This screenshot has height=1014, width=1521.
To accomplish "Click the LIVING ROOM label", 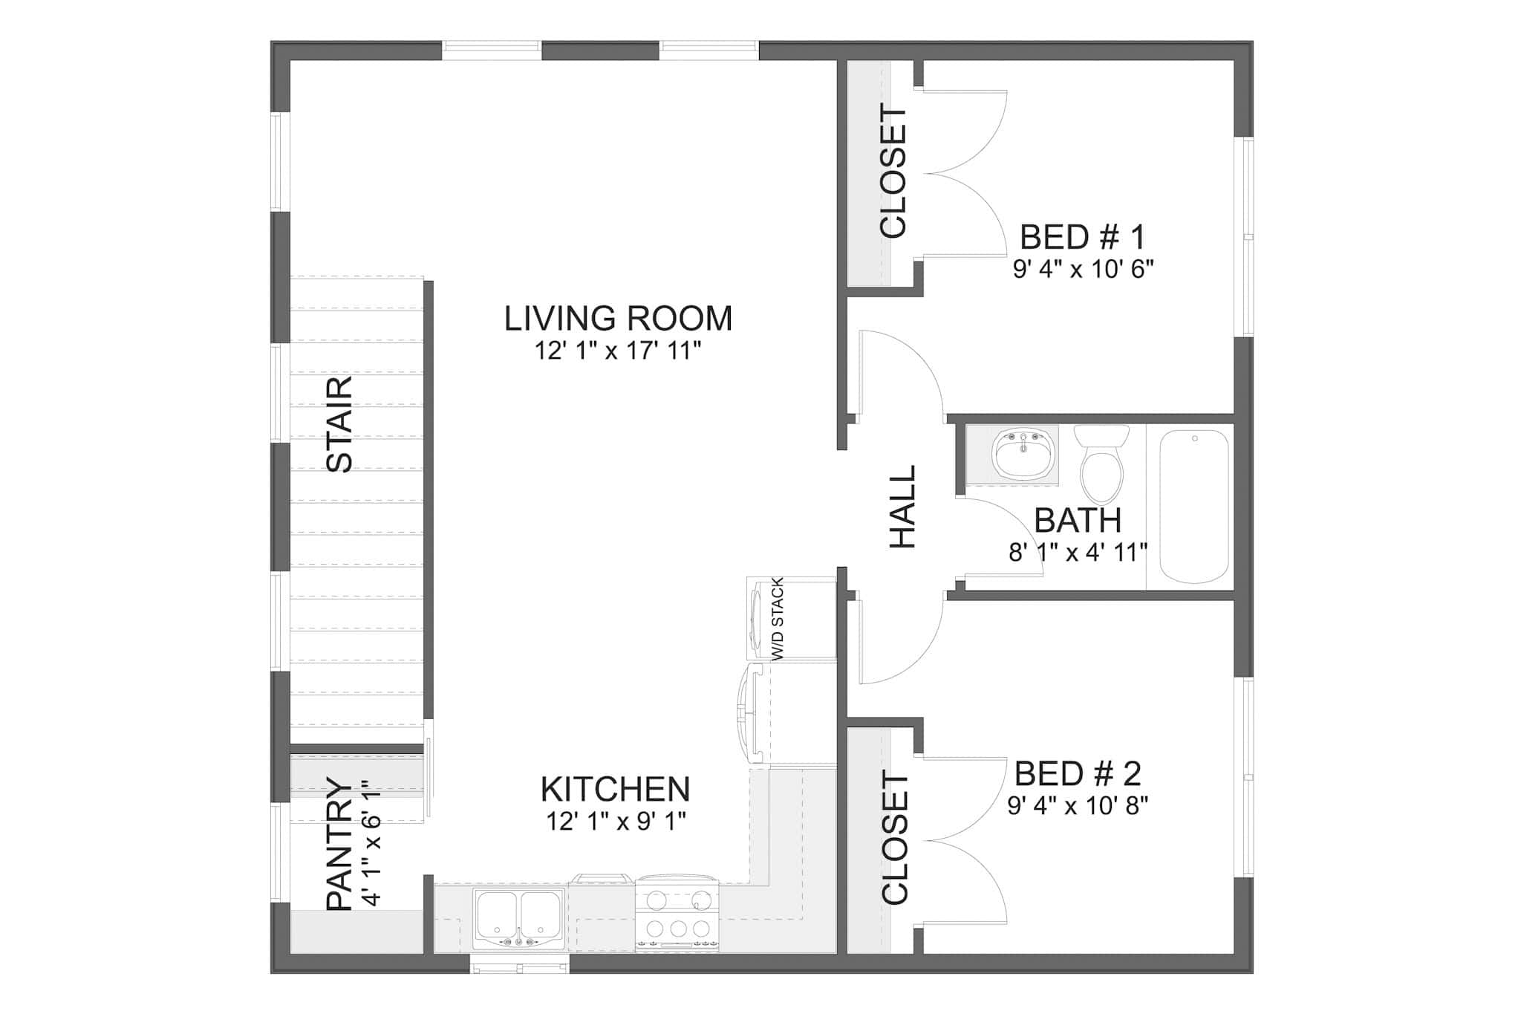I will click(x=618, y=319).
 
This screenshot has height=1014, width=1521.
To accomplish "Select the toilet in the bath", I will click(x=1102, y=464).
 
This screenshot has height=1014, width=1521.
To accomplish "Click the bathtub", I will click(x=1194, y=507).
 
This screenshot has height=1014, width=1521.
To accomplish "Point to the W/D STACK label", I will click(x=778, y=619).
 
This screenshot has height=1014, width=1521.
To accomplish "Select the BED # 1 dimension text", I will click(x=1083, y=269).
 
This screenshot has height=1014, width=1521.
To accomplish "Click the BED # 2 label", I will click(x=1078, y=774).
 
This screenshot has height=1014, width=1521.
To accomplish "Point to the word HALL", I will click(x=903, y=507).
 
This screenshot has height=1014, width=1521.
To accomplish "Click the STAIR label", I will click(x=339, y=424).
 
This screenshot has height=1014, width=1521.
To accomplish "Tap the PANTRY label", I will click(x=339, y=844).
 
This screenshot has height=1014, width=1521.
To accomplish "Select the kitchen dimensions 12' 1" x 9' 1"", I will click(x=616, y=822).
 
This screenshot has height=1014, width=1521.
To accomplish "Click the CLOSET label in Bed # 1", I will click(x=893, y=172).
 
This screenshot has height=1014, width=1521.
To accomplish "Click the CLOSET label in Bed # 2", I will click(x=895, y=839).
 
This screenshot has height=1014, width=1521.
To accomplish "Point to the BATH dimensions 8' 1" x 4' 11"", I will click(x=1078, y=553).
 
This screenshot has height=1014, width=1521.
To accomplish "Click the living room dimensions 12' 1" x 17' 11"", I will click(x=618, y=351).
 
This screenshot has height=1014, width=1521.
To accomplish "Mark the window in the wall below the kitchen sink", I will click(x=519, y=967).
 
